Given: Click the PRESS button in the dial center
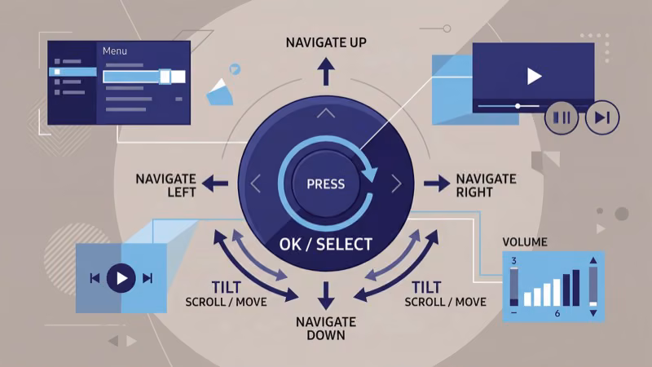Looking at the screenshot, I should [x=325, y=183].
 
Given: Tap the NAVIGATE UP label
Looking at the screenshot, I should [x=325, y=42].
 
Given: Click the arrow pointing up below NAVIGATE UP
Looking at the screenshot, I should [x=326, y=73].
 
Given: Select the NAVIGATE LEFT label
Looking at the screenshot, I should [x=165, y=184].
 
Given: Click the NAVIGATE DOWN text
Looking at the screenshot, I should [x=326, y=328].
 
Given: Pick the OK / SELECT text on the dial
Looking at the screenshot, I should [x=325, y=244].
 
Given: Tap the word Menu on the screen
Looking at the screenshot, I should [x=116, y=51].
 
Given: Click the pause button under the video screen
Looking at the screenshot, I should [x=562, y=117].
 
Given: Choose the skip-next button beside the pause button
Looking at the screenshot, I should [x=602, y=117].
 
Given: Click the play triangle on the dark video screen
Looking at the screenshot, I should [x=534, y=76].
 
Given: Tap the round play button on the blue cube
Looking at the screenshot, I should [x=121, y=278].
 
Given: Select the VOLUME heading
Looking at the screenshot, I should [x=525, y=242].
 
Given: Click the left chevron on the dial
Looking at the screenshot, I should [x=256, y=184].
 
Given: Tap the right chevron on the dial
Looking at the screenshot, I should [x=396, y=184].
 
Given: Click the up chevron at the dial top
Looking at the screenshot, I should [x=326, y=113].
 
